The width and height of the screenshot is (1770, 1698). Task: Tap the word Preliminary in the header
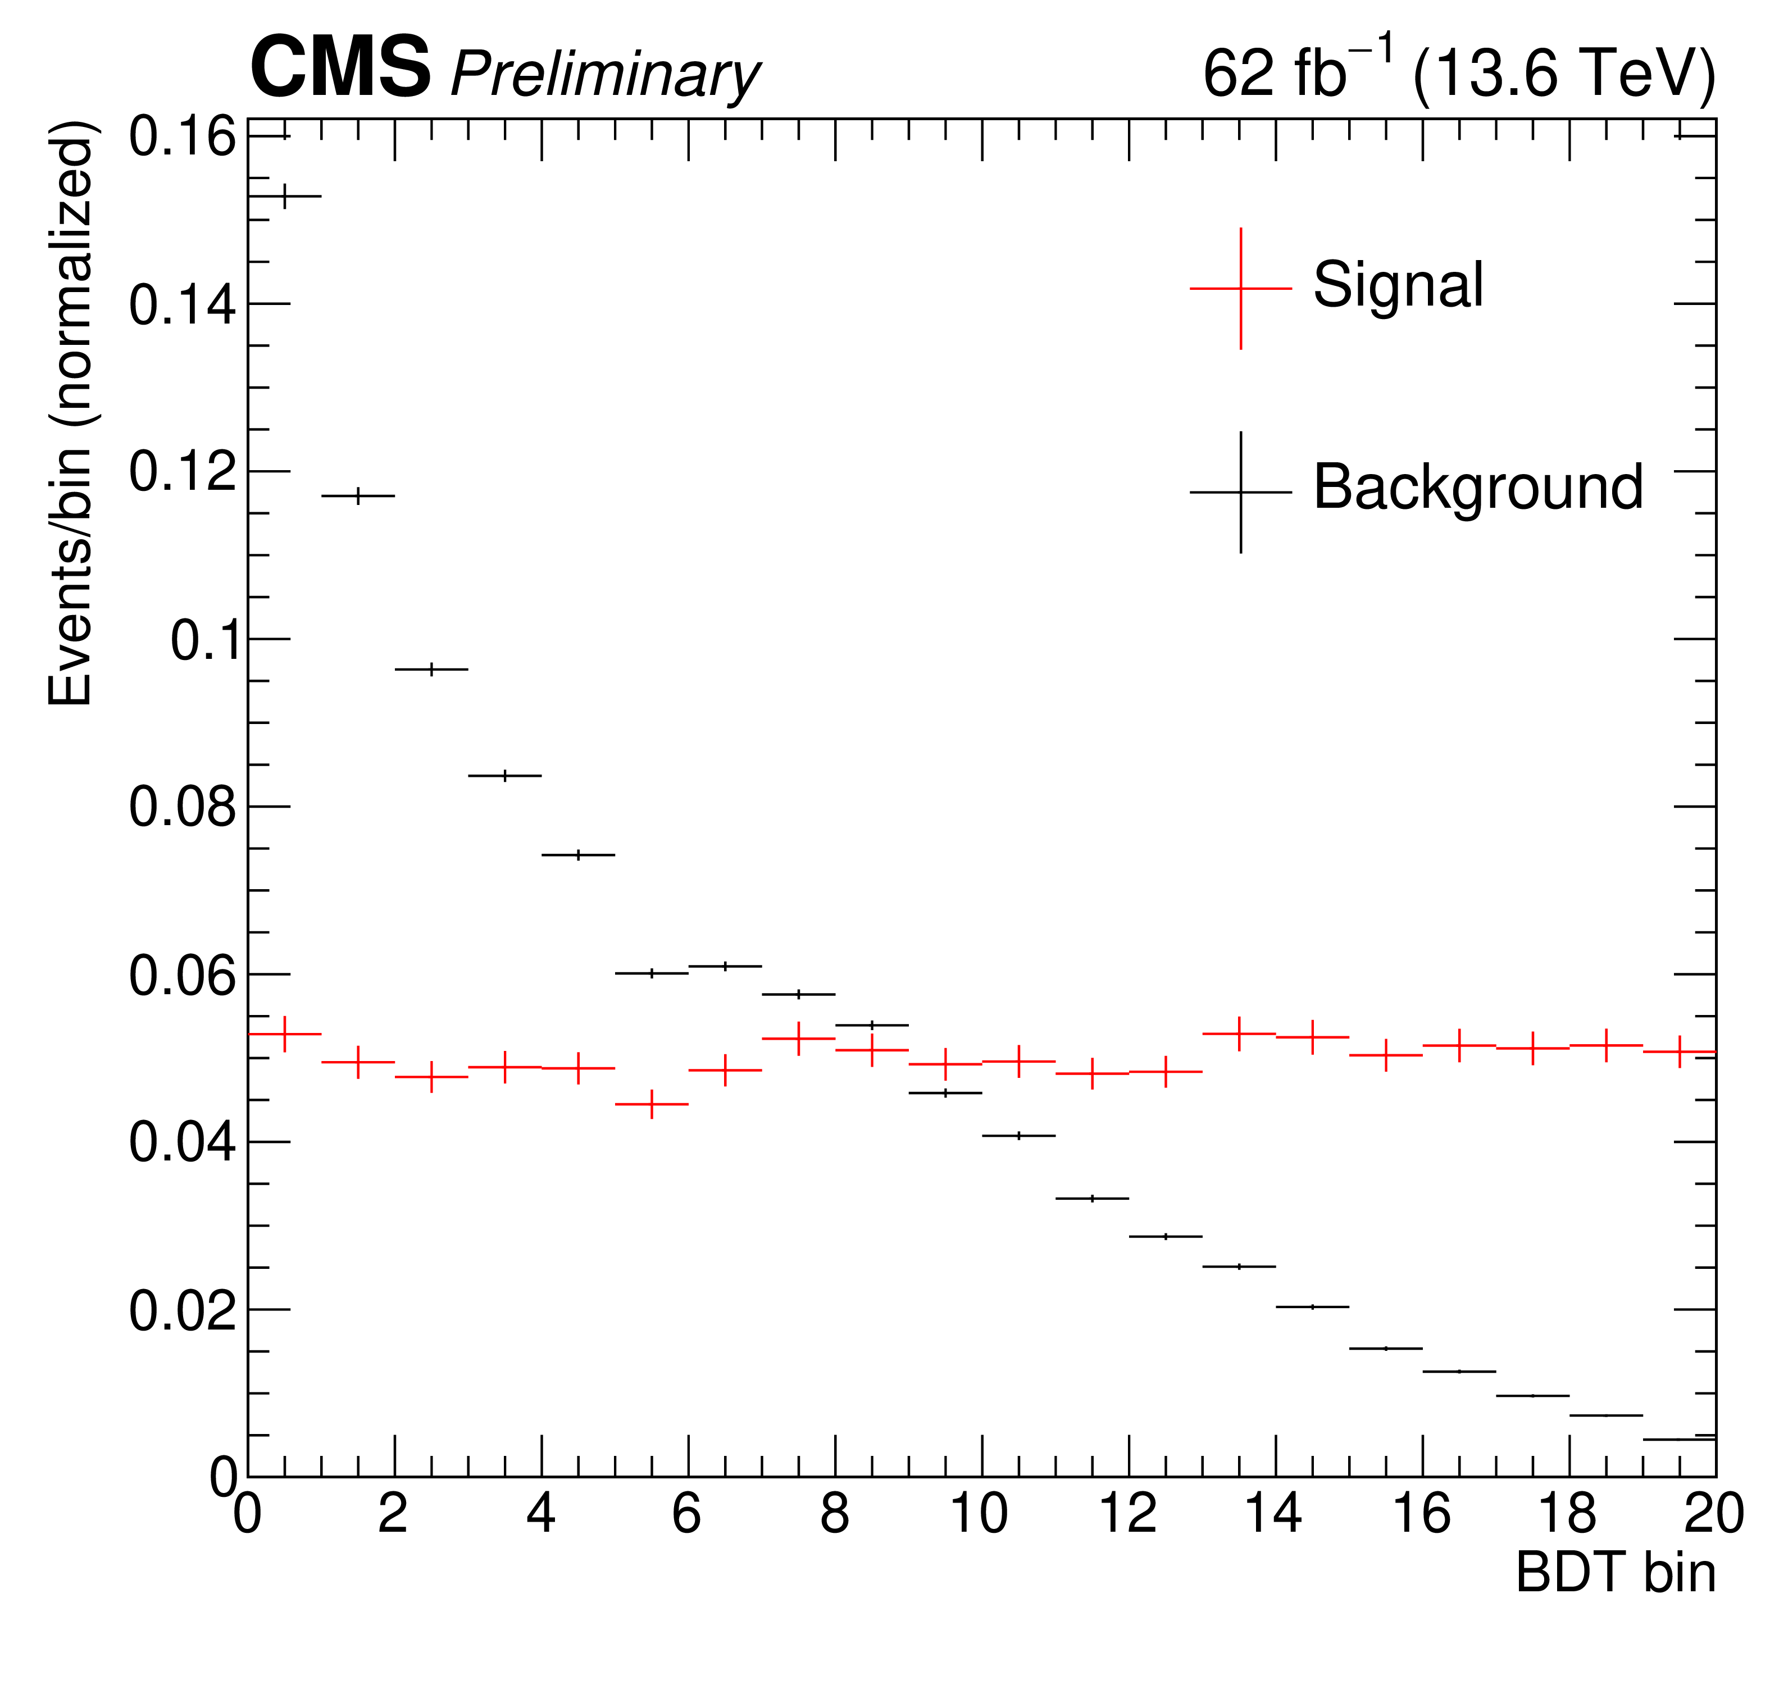pyautogui.click(x=605, y=75)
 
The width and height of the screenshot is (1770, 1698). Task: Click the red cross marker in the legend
pyautogui.click(x=1241, y=288)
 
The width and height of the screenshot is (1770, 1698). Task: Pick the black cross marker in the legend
pyautogui.click(x=1241, y=492)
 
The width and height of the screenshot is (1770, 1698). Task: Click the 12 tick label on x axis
pyautogui.click(x=1128, y=1515)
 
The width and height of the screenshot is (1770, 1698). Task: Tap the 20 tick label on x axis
pyautogui.click(x=1714, y=1515)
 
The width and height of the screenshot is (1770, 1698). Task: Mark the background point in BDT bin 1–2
pyautogui.click(x=358, y=496)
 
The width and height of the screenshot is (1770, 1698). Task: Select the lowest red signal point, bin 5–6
pyautogui.click(x=652, y=1104)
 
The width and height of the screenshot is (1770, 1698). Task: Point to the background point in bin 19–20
pyautogui.click(x=1680, y=1439)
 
